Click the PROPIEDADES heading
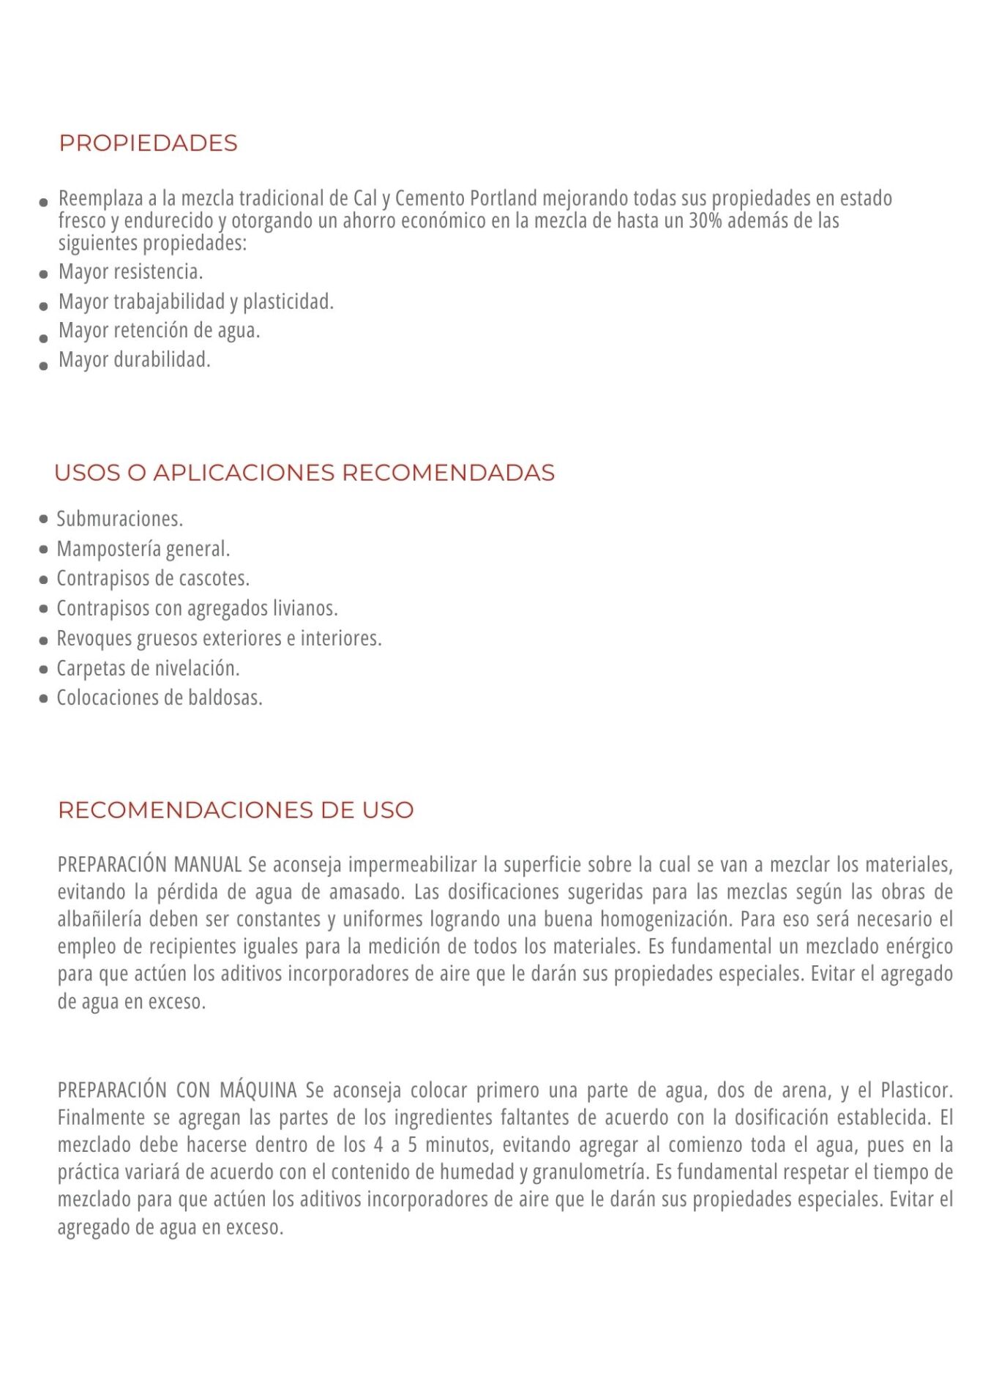coord(148,143)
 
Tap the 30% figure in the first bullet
coord(705,221)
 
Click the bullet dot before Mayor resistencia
coord(43,275)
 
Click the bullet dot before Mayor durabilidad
coord(43,364)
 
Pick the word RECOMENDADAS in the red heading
coord(448,473)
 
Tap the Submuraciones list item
coord(119,519)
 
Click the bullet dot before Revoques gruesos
coord(43,640)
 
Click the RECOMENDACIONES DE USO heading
coord(236,810)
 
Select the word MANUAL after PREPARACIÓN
coord(208,865)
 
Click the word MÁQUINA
coord(258,1090)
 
